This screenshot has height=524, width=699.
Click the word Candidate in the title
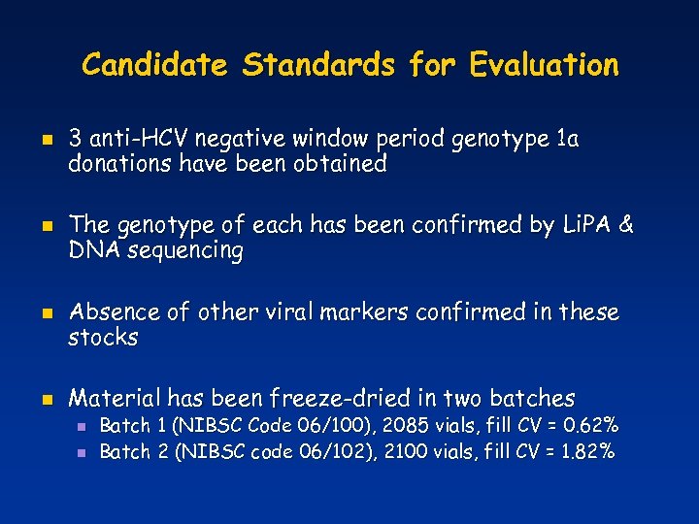(x=155, y=65)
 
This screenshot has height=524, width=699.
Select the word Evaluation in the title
(x=543, y=65)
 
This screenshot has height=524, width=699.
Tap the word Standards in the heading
(x=319, y=65)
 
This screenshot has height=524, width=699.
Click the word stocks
(x=103, y=338)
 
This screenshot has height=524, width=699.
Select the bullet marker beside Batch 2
(x=83, y=451)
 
